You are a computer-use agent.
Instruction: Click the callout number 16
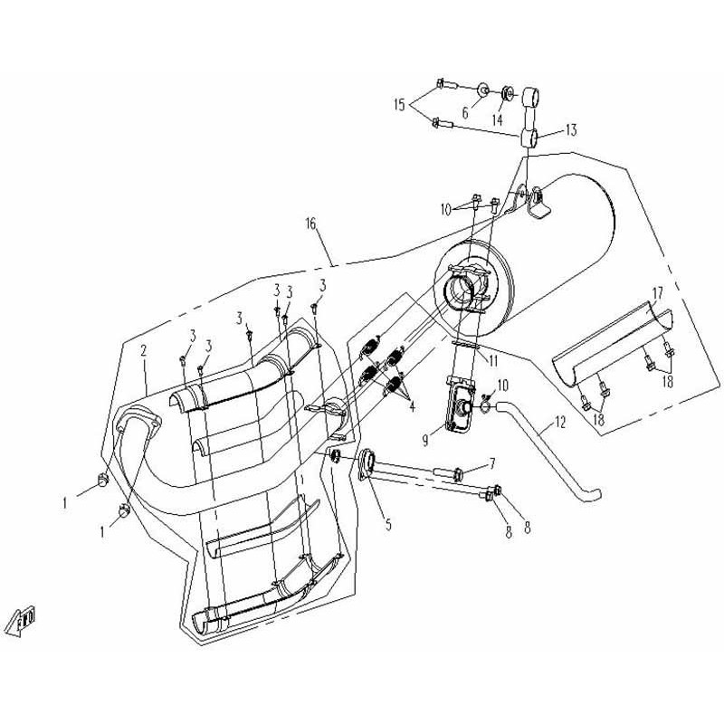310,224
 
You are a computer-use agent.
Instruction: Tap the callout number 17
658,292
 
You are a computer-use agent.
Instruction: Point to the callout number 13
571,129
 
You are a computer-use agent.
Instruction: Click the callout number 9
425,440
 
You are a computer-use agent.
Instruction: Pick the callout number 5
388,524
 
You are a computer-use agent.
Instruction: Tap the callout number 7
492,463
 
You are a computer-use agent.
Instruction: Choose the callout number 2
144,350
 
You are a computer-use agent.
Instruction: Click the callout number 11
493,360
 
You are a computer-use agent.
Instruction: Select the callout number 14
497,120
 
